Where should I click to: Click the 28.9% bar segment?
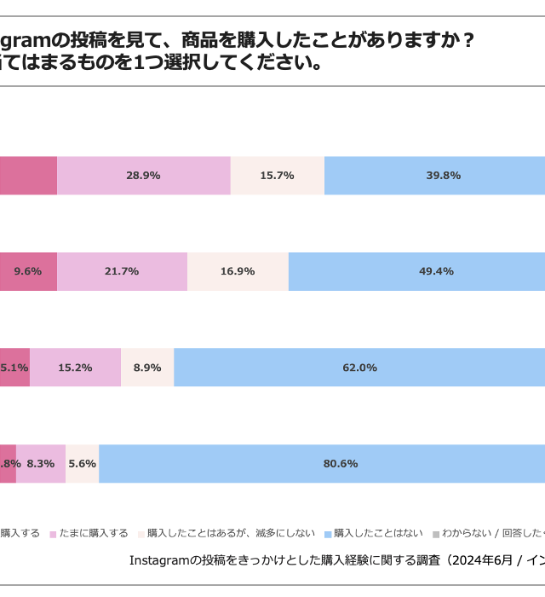pos(143,176)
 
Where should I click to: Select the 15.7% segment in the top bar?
pos(277,176)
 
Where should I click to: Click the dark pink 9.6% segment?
pos(28,271)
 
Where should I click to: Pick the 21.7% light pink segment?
pos(122,271)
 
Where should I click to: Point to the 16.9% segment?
pos(238,271)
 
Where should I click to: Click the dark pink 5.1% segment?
pos(14,368)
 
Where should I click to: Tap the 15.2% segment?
pos(75,368)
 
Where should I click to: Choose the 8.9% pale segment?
pos(147,368)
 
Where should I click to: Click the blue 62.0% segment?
pos(359,368)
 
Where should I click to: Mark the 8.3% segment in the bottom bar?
pos(41,464)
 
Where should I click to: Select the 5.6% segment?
pos(83,464)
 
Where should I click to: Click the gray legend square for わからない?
pos(436,534)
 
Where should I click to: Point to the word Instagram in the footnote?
pos(159,560)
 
